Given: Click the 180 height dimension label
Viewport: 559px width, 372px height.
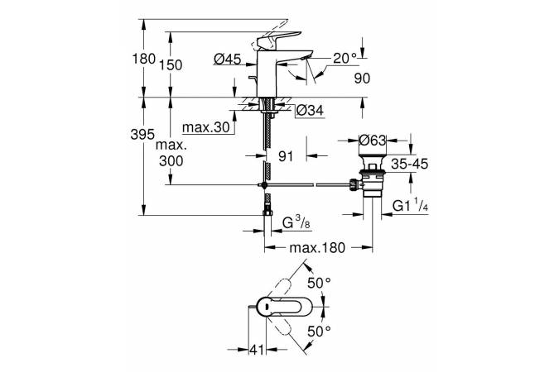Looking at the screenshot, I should pos(143,59).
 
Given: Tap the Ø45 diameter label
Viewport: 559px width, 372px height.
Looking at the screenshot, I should pos(225,59).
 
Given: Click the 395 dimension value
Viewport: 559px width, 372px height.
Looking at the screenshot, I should pos(143,134).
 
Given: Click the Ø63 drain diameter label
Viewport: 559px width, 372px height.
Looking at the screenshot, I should pos(373,140).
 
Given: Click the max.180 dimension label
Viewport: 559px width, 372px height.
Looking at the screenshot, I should pos(316,247).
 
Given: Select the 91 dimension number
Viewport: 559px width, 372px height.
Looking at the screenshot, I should pos(285,154).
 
